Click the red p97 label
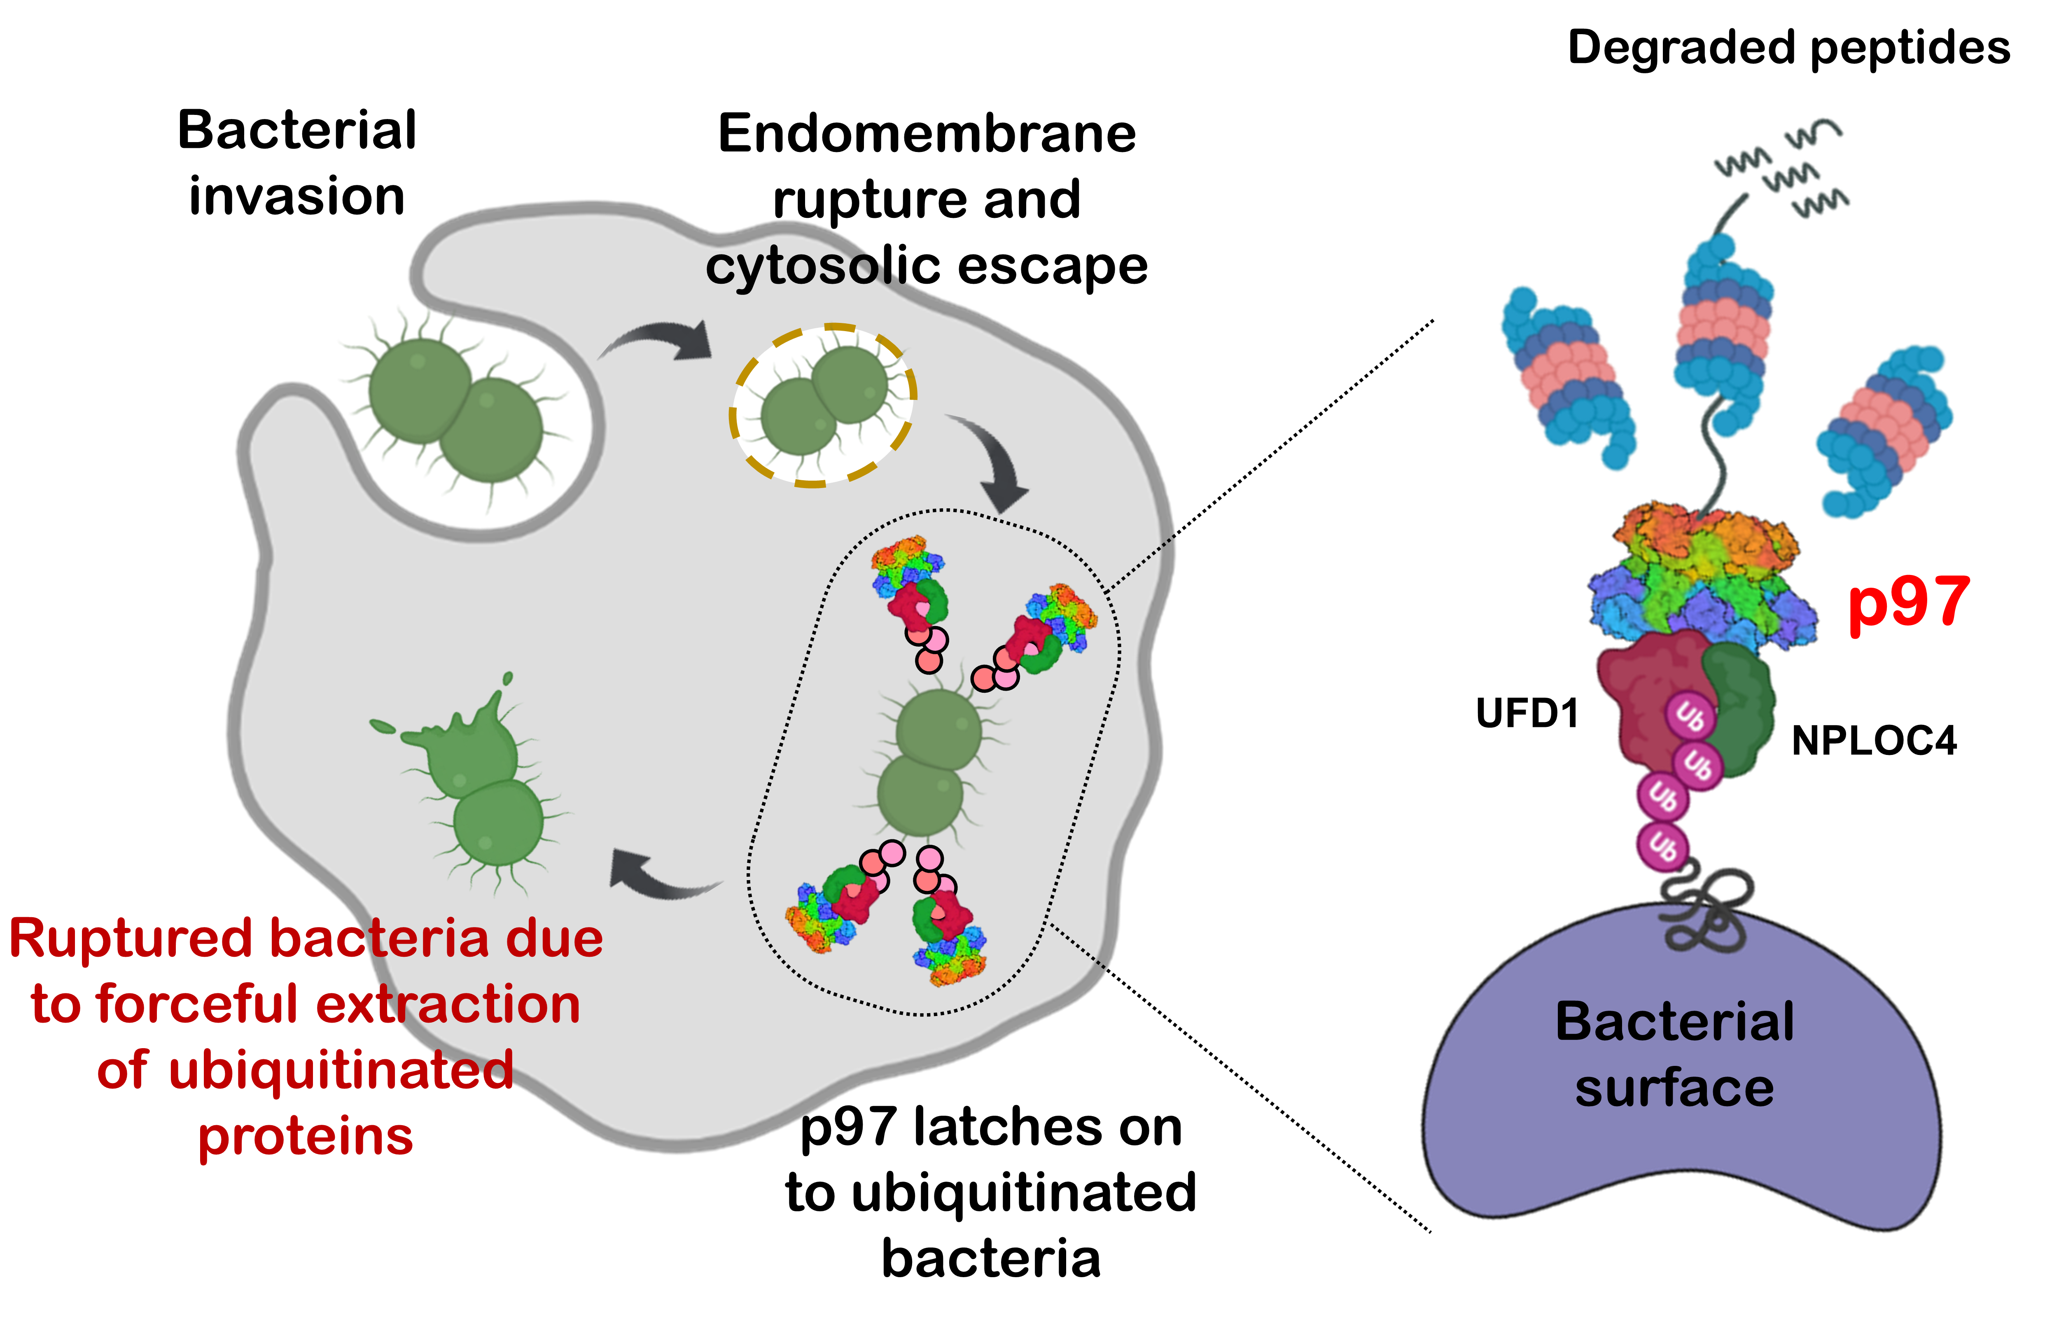[1908, 604]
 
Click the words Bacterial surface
[1674, 1054]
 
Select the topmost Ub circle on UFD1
[1689, 716]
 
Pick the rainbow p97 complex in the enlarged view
[1701, 583]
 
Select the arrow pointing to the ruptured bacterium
[660, 874]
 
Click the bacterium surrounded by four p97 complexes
[930, 763]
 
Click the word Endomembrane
[927, 135]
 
